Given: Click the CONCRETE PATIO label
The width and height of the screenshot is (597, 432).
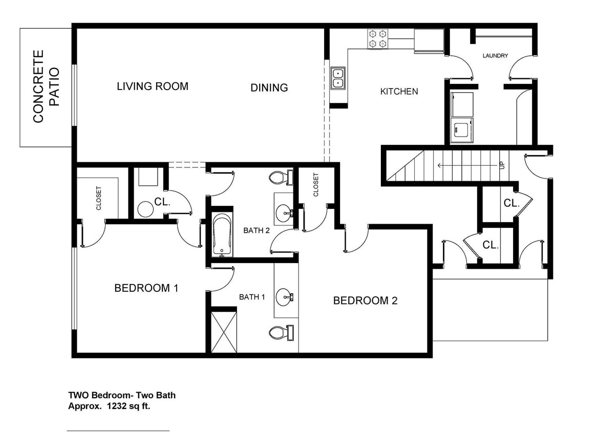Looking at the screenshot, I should [x=46, y=87].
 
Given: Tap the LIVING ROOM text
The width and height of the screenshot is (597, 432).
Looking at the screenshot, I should [x=153, y=87].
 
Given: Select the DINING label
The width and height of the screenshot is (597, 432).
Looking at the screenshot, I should [x=269, y=88].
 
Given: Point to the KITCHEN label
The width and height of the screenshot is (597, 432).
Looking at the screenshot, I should [x=399, y=92].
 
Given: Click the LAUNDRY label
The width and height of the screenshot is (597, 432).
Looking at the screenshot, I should [x=495, y=56].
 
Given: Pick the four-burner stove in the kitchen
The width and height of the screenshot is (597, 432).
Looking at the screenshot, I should [x=377, y=39].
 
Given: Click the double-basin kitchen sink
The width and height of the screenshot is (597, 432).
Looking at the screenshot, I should [x=338, y=78].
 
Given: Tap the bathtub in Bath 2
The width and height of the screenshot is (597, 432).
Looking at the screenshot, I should [x=222, y=235].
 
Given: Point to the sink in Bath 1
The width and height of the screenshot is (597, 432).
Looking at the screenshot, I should [x=284, y=296].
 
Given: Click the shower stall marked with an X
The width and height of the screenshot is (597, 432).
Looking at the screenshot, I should [x=224, y=332].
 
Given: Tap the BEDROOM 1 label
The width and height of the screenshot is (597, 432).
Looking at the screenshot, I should [x=146, y=288].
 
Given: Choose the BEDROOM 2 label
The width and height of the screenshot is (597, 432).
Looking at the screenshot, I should [x=365, y=300].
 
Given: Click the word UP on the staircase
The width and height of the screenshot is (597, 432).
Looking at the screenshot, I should [x=502, y=165].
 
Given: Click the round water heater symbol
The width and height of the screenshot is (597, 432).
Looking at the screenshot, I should [x=145, y=209].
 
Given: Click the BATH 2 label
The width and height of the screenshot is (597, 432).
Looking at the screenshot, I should [x=256, y=230].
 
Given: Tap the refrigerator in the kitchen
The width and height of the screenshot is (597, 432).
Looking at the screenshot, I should [x=429, y=40].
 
